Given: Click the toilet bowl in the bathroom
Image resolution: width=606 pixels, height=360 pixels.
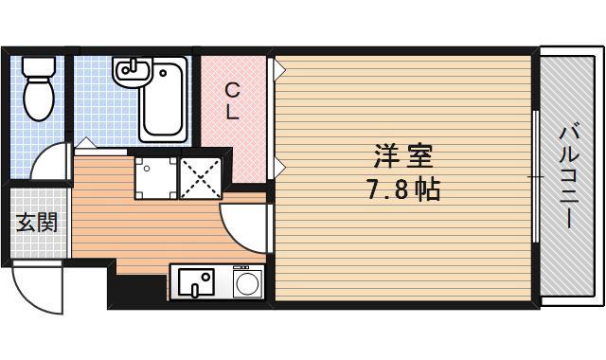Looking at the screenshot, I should (39, 98).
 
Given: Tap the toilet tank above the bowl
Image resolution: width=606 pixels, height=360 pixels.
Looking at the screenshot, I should (39, 67).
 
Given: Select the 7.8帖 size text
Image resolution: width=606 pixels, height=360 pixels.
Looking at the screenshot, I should (401, 189).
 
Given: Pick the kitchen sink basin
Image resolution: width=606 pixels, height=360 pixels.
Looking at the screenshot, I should (196, 280).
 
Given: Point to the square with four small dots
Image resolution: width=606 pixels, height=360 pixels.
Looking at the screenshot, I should (153, 177).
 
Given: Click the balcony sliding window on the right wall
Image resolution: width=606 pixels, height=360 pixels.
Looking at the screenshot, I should (537, 176).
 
